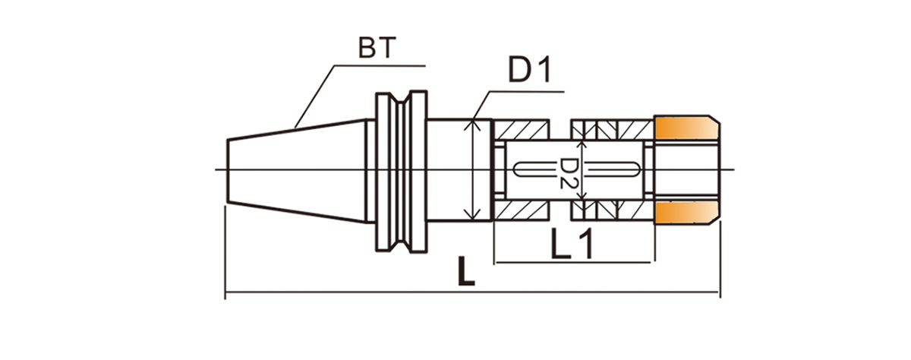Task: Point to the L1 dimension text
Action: (x=571, y=244)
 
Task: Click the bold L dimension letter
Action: (x=465, y=271)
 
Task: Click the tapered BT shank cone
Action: (x=296, y=170)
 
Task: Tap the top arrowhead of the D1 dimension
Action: (x=473, y=123)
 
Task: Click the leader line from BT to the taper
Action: (x=313, y=95)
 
